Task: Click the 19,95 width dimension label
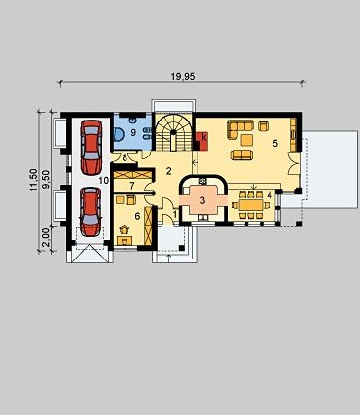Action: pos(183,76)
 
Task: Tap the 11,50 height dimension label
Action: pos(33,180)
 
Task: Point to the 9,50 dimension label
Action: pos(46,180)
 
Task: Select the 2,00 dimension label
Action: pos(46,238)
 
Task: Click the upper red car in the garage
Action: pos(91,148)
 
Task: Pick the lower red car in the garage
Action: pos(90,212)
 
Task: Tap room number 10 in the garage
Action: pos(104,181)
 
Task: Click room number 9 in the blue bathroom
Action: pos(133,132)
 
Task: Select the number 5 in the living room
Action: pos(275,143)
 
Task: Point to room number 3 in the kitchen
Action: pos(202,200)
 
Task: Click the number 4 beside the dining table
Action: pos(270,195)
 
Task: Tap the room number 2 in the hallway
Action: pos(168,171)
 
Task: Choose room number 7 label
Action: pos(132,186)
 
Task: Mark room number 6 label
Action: pos(137,216)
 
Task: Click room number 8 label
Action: pos(124,158)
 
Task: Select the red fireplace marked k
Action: pos(201,141)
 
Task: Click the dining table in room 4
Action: pos(251,205)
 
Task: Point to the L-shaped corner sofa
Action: pos(239,129)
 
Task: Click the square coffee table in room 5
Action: pos(247,140)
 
